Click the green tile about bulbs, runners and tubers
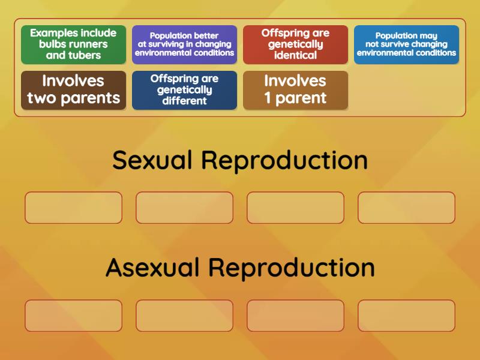(x=73, y=44)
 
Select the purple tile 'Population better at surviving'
(x=184, y=44)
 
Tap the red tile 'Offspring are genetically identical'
(x=295, y=44)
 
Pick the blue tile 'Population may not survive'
(x=406, y=44)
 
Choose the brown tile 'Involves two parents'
(x=73, y=90)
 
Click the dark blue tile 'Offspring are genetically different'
(x=184, y=90)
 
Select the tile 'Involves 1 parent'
(x=295, y=90)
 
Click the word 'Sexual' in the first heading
(x=152, y=160)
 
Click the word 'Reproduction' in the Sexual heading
(x=284, y=160)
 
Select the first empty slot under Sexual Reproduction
(x=73, y=208)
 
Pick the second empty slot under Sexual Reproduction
(x=184, y=208)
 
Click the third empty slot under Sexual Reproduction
(x=295, y=208)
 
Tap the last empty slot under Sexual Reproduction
(x=406, y=208)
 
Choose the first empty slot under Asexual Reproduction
(x=73, y=316)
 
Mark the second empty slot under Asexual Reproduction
(x=184, y=316)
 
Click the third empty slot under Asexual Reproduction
(x=295, y=316)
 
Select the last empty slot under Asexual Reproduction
(x=406, y=316)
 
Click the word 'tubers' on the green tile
(x=85, y=55)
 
